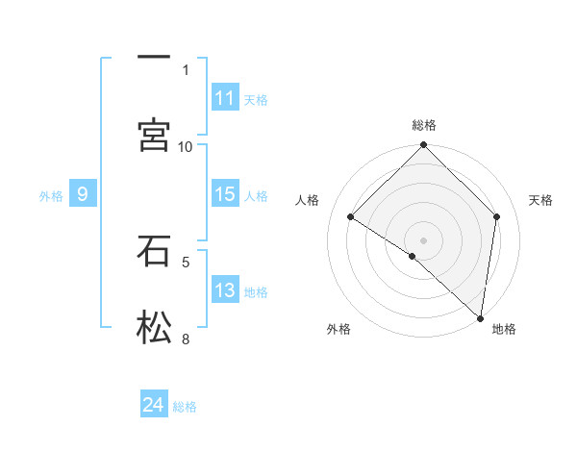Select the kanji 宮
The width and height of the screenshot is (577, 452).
click(154, 135)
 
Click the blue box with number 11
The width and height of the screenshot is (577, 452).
click(225, 98)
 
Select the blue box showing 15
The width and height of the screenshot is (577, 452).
click(225, 195)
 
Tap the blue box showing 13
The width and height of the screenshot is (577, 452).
click(225, 291)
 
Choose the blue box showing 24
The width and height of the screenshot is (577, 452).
click(154, 406)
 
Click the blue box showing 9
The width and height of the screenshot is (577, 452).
click(83, 195)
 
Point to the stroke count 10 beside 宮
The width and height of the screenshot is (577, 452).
click(186, 146)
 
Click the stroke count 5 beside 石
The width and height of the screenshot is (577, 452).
click(186, 261)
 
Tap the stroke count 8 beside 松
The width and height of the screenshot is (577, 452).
click(186, 338)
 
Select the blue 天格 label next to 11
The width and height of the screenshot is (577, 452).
click(256, 99)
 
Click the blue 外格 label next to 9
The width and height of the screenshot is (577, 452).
click(51, 196)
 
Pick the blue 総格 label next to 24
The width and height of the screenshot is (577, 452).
click(185, 407)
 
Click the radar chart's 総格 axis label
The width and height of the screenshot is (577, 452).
click(424, 125)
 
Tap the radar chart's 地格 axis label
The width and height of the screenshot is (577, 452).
click(504, 329)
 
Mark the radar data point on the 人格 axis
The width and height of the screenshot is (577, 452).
click(351, 217)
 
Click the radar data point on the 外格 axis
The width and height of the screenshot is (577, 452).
click(413, 257)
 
